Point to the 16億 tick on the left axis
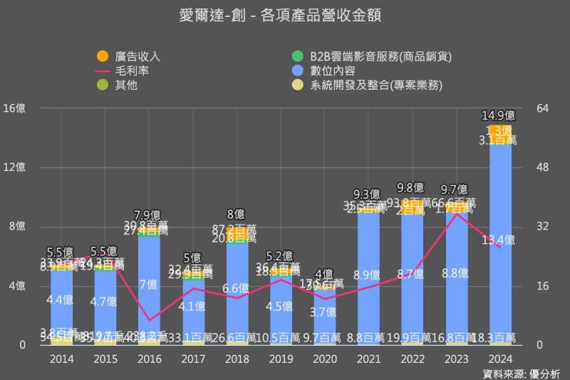pyautogui.click(x=14, y=108)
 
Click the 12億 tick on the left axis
pyautogui.click(x=14, y=168)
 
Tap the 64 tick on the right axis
pyautogui.click(x=542, y=108)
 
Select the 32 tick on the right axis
pyautogui.click(x=542, y=227)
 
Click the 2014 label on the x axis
pyautogui.click(x=61, y=359)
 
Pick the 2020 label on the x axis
pyautogui.click(x=325, y=359)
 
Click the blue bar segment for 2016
pyautogui.click(x=149, y=285)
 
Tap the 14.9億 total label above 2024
pyautogui.click(x=499, y=115)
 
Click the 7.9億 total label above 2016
pyautogui.click(x=148, y=215)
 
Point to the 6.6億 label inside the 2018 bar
pyautogui.click(x=237, y=289)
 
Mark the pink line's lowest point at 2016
pyautogui.click(x=149, y=320)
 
